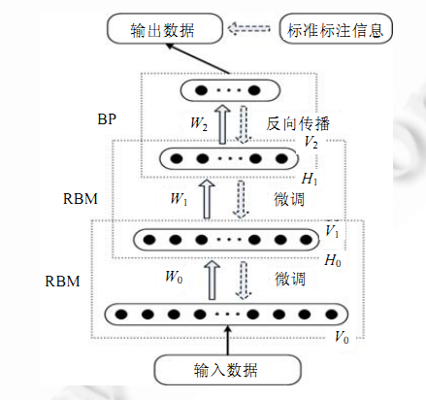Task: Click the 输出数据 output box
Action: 165,29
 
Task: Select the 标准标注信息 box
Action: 336,29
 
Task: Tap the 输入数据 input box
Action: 227,370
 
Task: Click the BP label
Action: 107,119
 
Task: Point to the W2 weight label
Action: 199,123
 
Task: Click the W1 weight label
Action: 179,198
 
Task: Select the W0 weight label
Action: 174,277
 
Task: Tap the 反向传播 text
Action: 298,124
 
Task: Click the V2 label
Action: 311,142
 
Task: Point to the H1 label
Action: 310,179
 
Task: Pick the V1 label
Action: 332,231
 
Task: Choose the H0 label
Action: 333,260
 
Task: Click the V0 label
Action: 342,337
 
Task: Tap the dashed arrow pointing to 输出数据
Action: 248,28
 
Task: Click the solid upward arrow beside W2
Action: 222,124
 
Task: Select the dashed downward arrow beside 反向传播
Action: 244,124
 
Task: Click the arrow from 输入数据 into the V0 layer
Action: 228,340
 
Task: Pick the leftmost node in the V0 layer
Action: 121,314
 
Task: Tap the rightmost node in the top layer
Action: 254,90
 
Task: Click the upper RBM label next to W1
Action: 81,199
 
